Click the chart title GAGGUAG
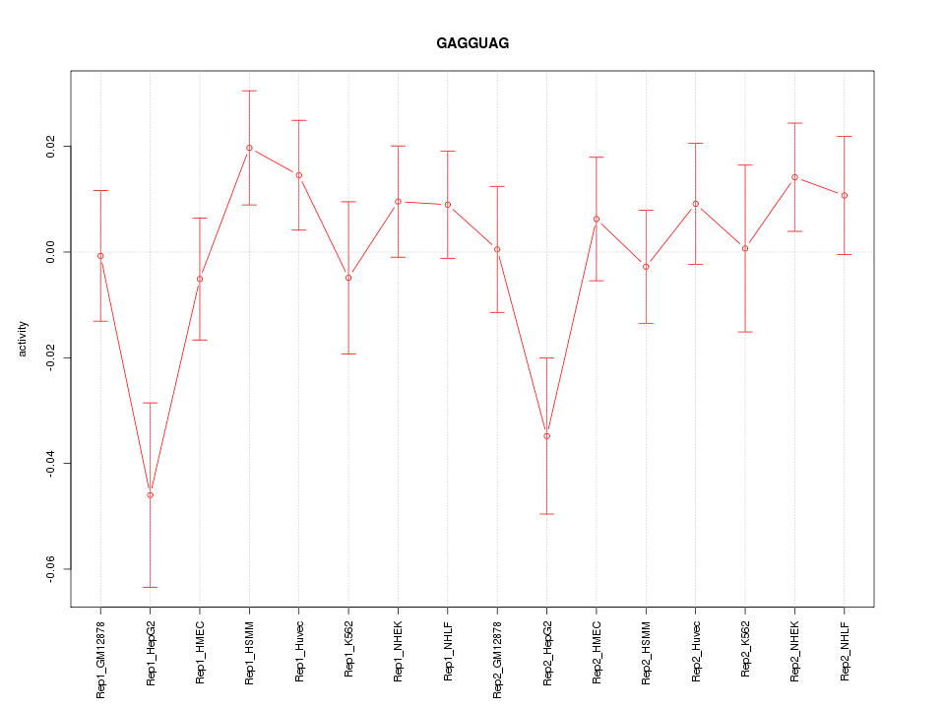tap(472, 44)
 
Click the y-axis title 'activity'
tap(24, 339)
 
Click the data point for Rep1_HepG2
tap(150, 494)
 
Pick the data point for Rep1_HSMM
tap(249, 148)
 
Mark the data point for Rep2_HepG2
tap(546, 435)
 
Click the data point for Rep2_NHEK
tap(794, 177)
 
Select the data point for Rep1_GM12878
tap(100, 256)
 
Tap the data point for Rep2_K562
tap(745, 248)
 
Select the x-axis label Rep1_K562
tap(348, 649)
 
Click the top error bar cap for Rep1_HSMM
tap(249, 91)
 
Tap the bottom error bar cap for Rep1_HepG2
tap(150, 587)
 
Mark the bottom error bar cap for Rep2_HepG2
tap(546, 514)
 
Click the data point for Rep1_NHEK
tap(398, 201)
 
